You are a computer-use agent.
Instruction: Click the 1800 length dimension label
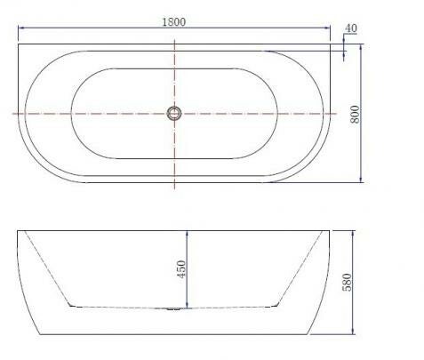[174, 22]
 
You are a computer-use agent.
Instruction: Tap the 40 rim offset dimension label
[351, 28]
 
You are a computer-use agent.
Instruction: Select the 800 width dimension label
[355, 114]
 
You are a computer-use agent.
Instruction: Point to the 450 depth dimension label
[181, 268]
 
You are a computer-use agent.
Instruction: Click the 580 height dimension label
[347, 282]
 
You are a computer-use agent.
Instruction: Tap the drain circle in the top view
[174, 114]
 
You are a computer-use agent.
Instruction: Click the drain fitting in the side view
[174, 309]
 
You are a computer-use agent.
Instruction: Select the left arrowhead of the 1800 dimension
[20, 28]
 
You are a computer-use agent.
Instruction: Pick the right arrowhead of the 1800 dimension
[327, 28]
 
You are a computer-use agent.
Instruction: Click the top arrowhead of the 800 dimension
[361, 47]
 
